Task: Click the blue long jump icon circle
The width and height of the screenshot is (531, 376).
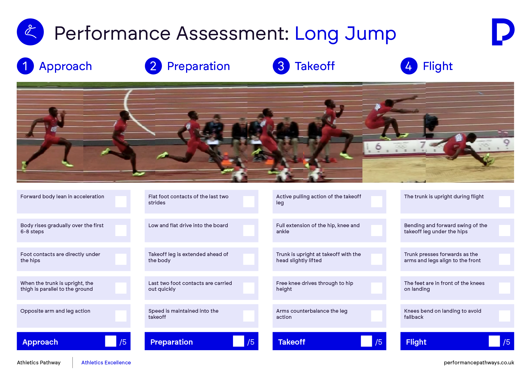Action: pos(30,32)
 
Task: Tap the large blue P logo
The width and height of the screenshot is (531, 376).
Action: pos(503,32)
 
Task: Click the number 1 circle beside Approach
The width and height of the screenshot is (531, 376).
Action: pos(25,66)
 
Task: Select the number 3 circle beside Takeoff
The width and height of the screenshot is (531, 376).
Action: pos(281,66)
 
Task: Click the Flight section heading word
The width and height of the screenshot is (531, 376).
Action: pos(438,66)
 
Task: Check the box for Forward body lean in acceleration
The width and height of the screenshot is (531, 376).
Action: pos(121,202)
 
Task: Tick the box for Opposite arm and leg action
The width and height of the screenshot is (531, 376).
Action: pos(121,316)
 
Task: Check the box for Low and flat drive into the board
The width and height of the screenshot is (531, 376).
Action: pos(249,230)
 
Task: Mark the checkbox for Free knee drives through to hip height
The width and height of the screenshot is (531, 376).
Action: pos(377,288)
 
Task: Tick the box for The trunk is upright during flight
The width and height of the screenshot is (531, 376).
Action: pos(505,202)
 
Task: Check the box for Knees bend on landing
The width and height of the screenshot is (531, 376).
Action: pos(505,316)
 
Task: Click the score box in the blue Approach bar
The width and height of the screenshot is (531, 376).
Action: pos(111,341)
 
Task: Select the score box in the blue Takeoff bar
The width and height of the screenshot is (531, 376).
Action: pos(366,341)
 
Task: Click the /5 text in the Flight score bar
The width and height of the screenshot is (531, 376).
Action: pos(507,342)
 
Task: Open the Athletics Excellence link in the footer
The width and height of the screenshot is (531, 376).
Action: pos(106,362)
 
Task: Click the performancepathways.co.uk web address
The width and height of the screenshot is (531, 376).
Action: pos(479,363)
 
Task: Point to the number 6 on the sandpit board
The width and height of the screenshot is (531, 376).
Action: pos(378,146)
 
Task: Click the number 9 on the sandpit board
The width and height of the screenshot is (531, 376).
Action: pos(507,143)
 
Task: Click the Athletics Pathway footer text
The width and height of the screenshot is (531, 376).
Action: pos(39,363)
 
